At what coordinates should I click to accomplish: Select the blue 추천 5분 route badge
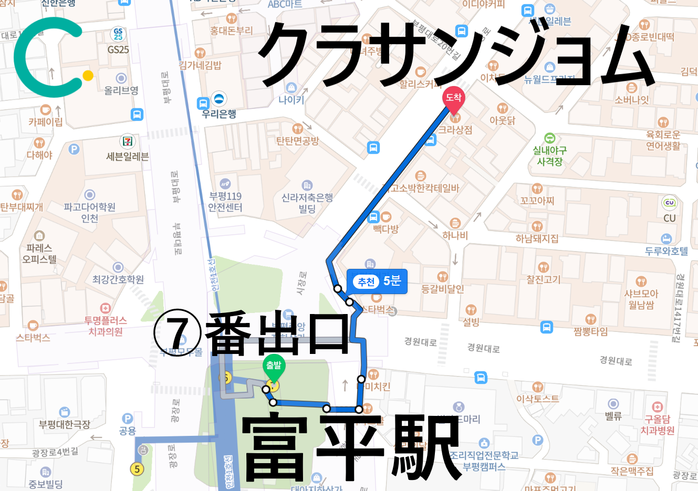pyautogui.click(x=377, y=281)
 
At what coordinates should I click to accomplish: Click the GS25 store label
pyautogui.click(x=118, y=49)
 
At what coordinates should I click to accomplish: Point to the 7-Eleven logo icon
pyautogui.click(x=128, y=141)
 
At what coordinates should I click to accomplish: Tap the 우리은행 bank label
pyautogui.click(x=219, y=114)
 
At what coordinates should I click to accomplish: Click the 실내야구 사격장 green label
pyautogui.click(x=549, y=156)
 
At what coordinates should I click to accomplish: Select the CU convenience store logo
pyautogui.click(x=669, y=203)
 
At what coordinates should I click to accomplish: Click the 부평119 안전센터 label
pyautogui.click(x=225, y=202)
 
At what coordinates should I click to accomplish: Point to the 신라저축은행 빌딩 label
pyautogui.click(x=307, y=203)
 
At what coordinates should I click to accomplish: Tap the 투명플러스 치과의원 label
pyautogui.click(x=106, y=326)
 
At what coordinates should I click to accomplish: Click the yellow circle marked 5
pyautogui.click(x=137, y=468)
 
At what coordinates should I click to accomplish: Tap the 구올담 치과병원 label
pyautogui.click(x=658, y=425)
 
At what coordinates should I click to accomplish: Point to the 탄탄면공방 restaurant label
pyautogui.click(x=298, y=141)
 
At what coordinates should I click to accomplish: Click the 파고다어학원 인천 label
pyautogui.click(x=90, y=212)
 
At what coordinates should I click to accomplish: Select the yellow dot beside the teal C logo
pyautogui.click(x=88, y=76)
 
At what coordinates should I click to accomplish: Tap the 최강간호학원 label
pyautogui.click(x=118, y=279)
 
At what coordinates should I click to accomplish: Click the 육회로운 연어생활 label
pyautogui.click(x=663, y=140)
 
